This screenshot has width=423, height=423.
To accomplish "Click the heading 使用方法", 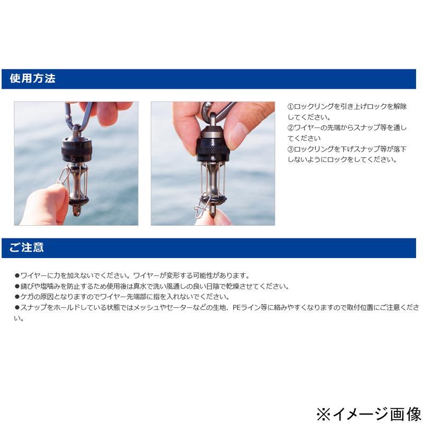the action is click(32, 78).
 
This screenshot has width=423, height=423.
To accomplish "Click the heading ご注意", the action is click(26, 247).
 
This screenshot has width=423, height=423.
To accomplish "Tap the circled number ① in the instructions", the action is click(290, 107).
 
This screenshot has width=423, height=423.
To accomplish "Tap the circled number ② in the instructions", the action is click(290, 128).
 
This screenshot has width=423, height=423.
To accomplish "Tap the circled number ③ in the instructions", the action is click(290, 149).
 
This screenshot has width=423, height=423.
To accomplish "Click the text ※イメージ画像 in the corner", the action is click(369, 415).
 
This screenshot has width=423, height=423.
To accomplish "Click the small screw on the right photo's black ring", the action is click(213, 158).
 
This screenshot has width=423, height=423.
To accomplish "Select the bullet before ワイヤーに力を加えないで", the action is click(17, 275).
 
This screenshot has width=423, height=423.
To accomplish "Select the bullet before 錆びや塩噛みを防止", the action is click(17, 286).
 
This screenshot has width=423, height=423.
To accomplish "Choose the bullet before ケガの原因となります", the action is click(17, 297).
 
